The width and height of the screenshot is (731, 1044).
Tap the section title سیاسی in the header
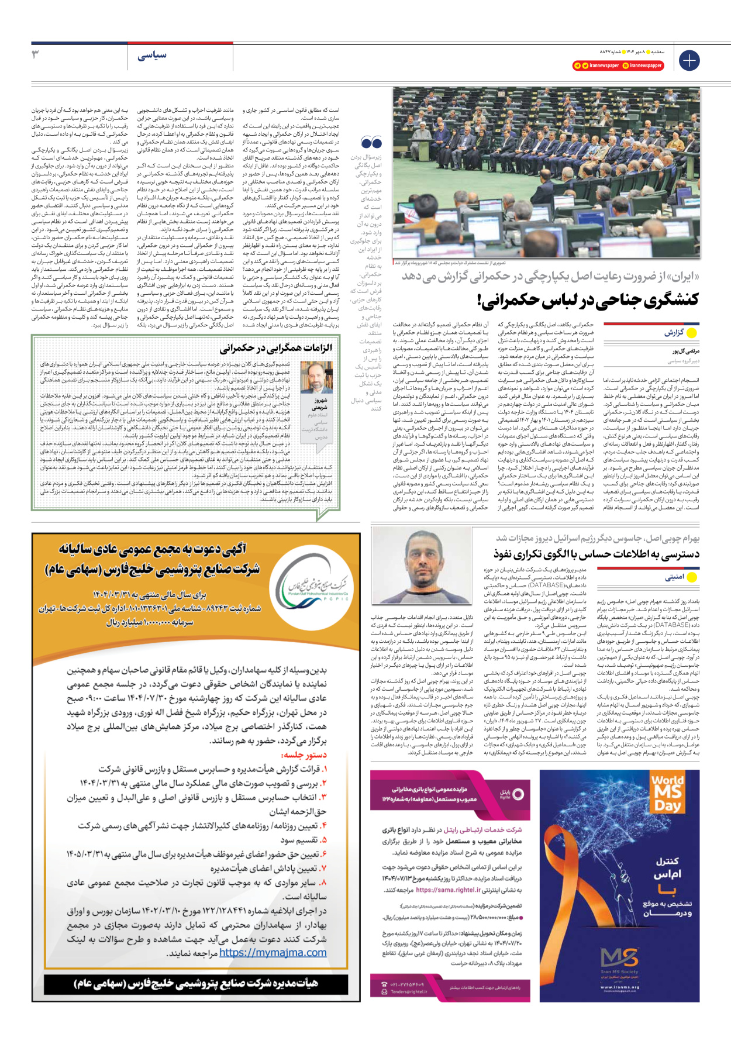(x=152, y=56)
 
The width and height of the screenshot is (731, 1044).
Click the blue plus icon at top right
(x=689, y=60)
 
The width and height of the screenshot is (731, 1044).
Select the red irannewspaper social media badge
(x=620, y=66)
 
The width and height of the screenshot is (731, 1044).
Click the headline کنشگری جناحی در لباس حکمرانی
(x=588, y=300)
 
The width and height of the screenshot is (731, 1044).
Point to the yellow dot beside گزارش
(x=692, y=333)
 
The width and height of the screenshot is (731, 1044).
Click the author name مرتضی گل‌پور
(x=685, y=352)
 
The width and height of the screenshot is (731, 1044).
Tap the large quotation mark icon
(x=371, y=142)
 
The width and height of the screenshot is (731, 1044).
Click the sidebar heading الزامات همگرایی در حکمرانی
(x=276, y=349)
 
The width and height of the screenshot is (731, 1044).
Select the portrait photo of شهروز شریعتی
(x=316, y=377)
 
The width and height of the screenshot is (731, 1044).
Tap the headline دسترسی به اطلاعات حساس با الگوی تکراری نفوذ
(x=596, y=553)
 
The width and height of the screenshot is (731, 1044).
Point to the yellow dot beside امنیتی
(x=692, y=577)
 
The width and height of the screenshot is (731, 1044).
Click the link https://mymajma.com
(x=273, y=953)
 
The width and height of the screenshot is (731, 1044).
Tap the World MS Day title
(x=667, y=792)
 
